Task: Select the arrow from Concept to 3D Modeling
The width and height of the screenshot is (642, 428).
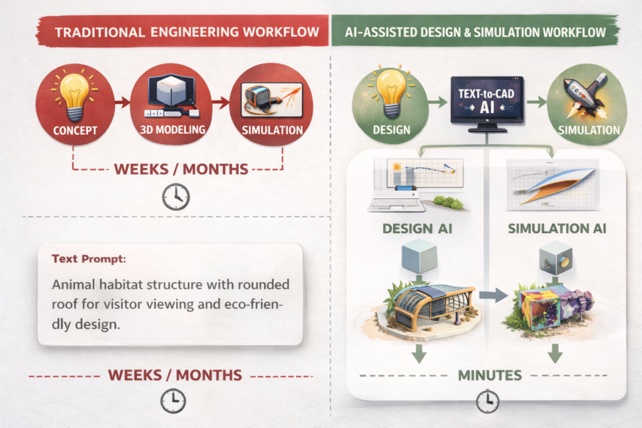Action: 122,100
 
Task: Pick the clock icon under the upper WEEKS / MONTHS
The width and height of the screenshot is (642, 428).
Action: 176,197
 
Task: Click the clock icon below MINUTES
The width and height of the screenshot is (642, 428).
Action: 487,400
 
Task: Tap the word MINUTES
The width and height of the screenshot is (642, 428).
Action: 487,375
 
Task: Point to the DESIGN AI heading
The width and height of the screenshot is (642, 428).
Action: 418,229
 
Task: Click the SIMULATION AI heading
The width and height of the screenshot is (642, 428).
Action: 557,229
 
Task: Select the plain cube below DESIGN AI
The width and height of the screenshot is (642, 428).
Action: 418,258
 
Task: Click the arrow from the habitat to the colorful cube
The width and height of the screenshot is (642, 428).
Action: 493,295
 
